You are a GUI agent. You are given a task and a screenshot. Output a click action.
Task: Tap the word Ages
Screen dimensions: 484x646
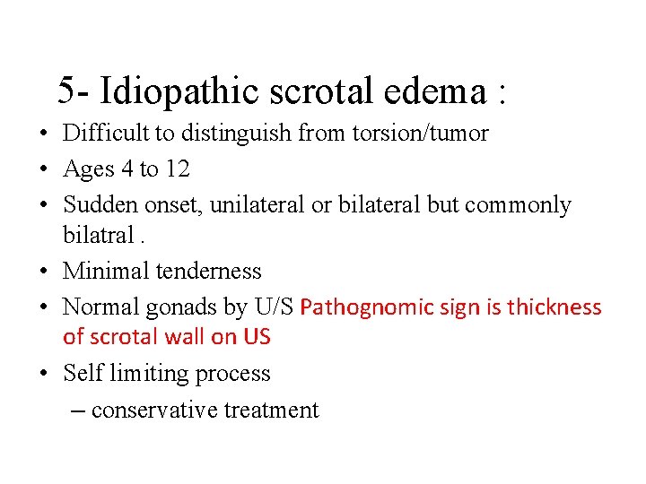coord(88,169)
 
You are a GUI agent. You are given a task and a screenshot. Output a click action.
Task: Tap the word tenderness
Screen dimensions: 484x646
coord(208,271)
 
